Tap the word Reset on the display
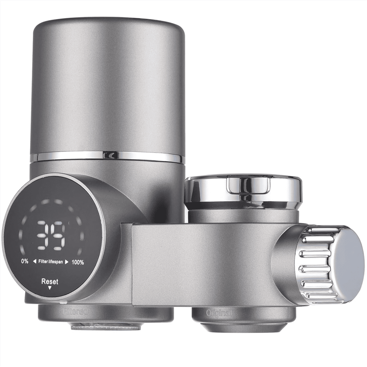(50, 282)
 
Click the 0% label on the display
(25, 261)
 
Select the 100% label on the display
(78, 262)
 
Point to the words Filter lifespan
(51, 262)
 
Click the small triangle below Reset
(50, 288)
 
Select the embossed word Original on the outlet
(219, 313)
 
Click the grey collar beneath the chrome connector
(243, 216)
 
